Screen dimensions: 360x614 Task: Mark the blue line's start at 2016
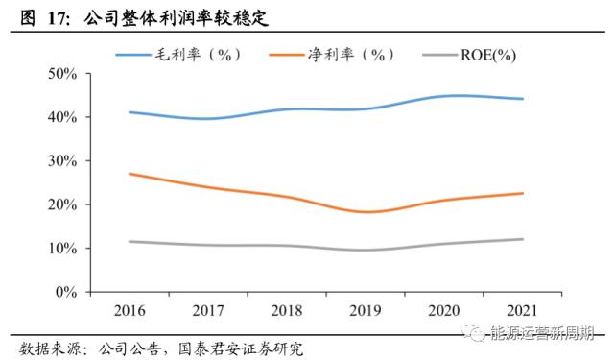point(129,112)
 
